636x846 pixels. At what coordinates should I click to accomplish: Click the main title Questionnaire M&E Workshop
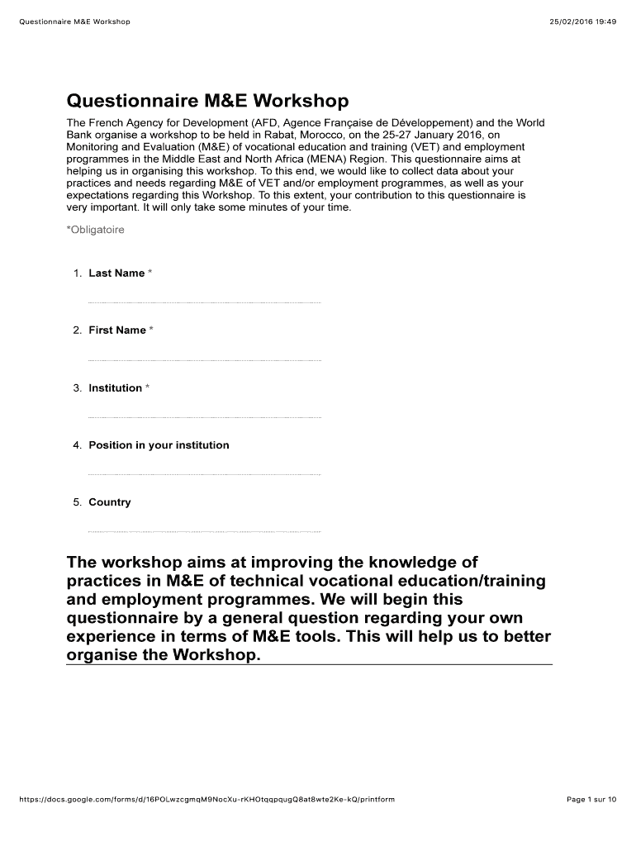point(207,102)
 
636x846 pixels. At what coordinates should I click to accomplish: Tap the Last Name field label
point(116,273)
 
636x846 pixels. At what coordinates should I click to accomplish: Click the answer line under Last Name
point(204,303)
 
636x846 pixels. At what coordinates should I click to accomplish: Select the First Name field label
point(117,330)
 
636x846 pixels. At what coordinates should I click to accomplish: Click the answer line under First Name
point(204,360)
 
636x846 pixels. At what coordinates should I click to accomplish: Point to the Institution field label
point(116,388)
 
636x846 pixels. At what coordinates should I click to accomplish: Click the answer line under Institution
point(204,417)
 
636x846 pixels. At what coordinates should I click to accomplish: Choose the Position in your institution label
point(159,445)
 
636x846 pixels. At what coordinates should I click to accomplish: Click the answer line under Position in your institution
point(204,474)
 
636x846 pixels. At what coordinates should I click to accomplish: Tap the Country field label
point(110,502)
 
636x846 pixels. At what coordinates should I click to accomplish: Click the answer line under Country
point(204,531)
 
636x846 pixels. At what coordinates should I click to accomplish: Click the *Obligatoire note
point(95,231)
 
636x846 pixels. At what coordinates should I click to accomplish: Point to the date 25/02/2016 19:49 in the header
point(583,21)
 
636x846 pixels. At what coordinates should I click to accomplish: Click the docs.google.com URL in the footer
point(206,800)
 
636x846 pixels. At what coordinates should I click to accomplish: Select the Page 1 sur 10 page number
point(591,800)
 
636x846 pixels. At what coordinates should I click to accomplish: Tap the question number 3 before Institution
point(77,388)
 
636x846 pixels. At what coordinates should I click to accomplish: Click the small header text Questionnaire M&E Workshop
point(74,21)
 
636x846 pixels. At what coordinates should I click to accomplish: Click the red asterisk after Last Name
point(150,273)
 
